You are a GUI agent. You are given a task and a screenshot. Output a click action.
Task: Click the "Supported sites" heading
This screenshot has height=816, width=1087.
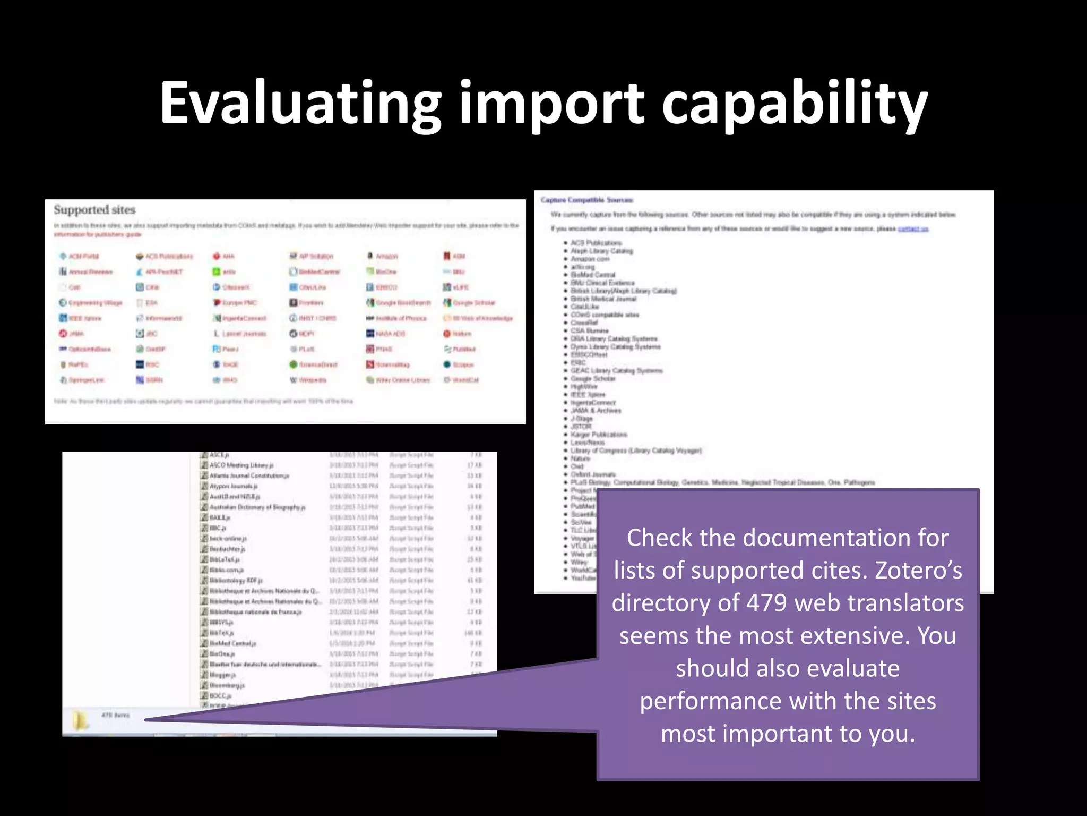(94, 210)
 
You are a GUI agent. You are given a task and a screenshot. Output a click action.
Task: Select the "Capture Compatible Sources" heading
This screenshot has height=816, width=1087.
(587, 200)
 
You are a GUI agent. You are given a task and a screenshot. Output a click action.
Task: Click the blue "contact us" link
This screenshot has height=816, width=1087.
(913, 228)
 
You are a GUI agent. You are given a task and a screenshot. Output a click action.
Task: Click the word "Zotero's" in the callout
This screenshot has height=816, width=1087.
(918, 571)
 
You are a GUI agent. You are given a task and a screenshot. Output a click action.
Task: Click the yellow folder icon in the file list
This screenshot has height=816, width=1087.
(80, 720)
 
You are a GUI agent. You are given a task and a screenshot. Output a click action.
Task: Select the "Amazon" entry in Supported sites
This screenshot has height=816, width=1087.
(386, 256)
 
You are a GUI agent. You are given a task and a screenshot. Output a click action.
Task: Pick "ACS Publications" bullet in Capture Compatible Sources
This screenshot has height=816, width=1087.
(596, 243)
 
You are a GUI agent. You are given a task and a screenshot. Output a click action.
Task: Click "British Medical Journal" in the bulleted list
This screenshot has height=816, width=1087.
(603, 299)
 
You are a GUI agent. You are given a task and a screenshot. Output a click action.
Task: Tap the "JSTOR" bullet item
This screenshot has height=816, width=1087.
(581, 426)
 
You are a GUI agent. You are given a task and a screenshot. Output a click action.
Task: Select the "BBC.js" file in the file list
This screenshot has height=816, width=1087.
(218, 528)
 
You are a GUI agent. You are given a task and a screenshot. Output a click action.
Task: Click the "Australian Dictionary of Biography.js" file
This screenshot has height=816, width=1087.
(257, 507)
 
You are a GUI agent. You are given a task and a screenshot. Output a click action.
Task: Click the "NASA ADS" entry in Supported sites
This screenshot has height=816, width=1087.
(390, 334)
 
